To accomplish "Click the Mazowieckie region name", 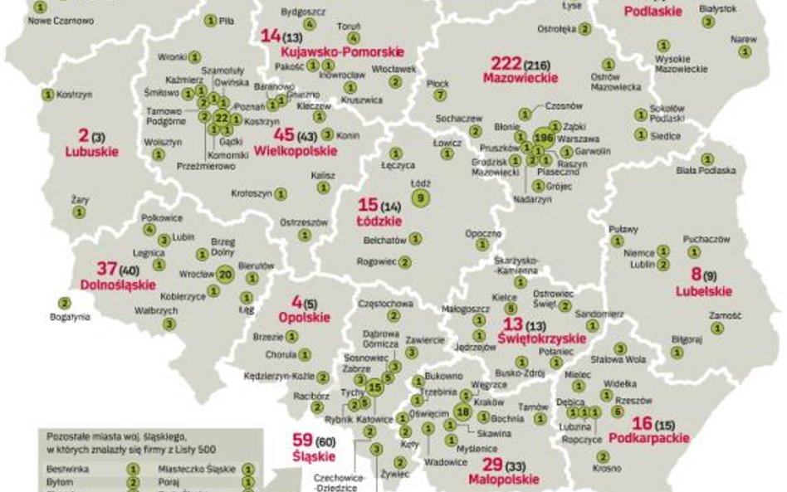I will pos(520,77).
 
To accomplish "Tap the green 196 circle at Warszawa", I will pos(544,137).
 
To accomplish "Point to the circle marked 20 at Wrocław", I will pos(226,273).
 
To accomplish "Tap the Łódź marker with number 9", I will pos(422,197).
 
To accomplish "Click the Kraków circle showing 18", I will pos(463,412).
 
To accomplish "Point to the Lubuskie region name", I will pos(91,152).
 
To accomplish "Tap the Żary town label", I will pos(80,200).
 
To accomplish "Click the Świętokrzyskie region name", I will pos(541,339).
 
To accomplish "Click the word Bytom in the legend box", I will pos(60,481).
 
